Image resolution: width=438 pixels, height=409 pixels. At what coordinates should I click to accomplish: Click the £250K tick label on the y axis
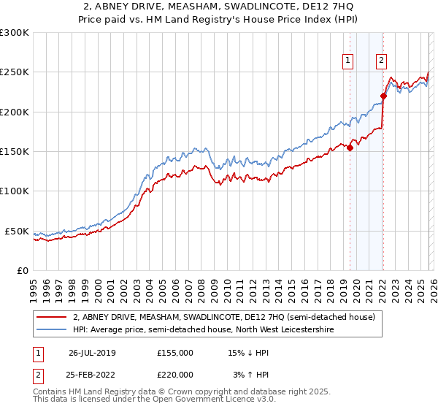coord(14,72)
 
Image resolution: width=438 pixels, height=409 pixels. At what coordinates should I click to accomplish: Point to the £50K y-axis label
coord(16,231)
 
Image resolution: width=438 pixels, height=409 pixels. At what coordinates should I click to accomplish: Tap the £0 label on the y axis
coord(23,270)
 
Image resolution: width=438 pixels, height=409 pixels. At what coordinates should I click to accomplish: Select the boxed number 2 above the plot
coord(382,61)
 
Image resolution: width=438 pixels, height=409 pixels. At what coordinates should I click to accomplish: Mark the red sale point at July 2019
coord(350,148)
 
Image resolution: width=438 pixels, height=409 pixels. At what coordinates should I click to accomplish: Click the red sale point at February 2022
coord(383,96)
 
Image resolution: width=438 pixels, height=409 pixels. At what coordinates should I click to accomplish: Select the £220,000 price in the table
coord(175,375)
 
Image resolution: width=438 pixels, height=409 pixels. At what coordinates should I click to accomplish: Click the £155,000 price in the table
coord(175,353)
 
